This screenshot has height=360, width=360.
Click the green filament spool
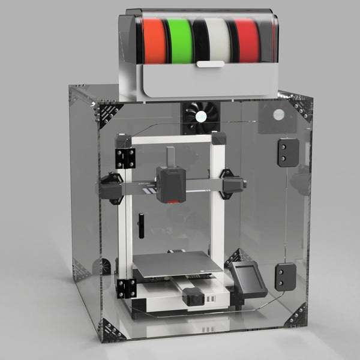(180, 41)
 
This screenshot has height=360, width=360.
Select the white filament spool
(215, 40)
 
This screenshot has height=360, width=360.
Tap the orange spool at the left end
(154, 41)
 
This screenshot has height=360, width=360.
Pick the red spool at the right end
(247, 41)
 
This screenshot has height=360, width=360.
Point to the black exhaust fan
(199, 118)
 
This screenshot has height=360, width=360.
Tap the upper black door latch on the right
(287, 152)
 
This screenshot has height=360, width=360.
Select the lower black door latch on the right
(286, 277)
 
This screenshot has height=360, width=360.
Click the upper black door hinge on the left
(125, 158)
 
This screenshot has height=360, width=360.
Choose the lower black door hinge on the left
(126, 288)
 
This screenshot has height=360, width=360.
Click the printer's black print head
(170, 183)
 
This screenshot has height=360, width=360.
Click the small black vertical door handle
(141, 226)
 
